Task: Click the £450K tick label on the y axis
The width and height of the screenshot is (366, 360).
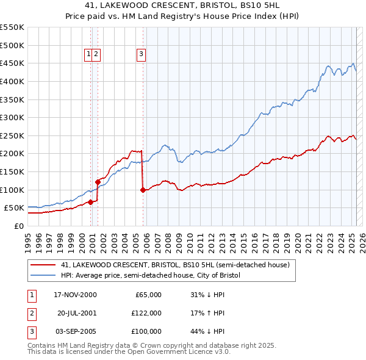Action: click(12, 63)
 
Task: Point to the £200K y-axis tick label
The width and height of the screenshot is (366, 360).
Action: click(12, 153)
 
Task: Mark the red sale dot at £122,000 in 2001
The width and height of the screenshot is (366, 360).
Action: click(98, 182)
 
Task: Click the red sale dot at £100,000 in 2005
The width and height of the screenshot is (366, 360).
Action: click(143, 190)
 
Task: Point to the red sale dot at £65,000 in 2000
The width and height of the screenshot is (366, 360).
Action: click(90, 202)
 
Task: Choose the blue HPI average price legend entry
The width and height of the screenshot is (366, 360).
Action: click(151, 276)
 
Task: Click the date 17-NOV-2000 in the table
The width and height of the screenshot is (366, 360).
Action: click(76, 295)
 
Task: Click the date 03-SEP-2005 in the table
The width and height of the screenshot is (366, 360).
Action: click(76, 331)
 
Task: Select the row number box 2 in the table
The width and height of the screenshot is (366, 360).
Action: click(30, 313)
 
